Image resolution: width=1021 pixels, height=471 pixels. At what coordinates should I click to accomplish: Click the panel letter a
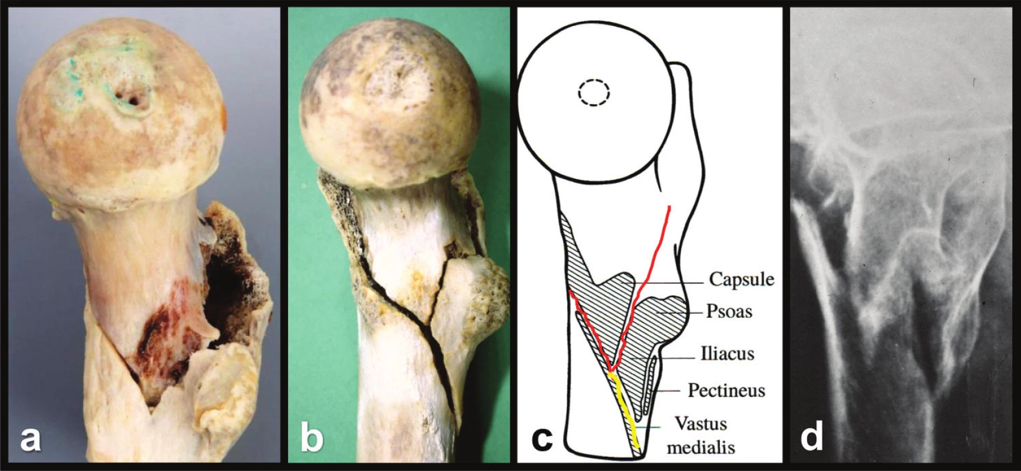click(x=31, y=439)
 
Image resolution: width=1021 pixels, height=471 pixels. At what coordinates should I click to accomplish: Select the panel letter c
click(x=541, y=439)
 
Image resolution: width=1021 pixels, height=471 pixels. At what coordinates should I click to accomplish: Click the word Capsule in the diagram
click(x=741, y=279)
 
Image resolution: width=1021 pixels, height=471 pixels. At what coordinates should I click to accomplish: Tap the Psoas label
click(x=729, y=311)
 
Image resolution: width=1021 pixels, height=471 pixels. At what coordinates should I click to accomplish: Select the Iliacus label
click(x=728, y=353)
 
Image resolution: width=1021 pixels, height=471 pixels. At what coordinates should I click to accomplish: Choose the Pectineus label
click(x=726, y=390)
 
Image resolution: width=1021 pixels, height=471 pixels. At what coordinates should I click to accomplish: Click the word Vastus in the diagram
click(x=701, y=424)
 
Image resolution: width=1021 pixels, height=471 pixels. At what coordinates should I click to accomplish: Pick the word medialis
click(x=701, y=447)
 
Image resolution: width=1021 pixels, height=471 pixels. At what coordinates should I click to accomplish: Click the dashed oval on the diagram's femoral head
click(x=594, y=92)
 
